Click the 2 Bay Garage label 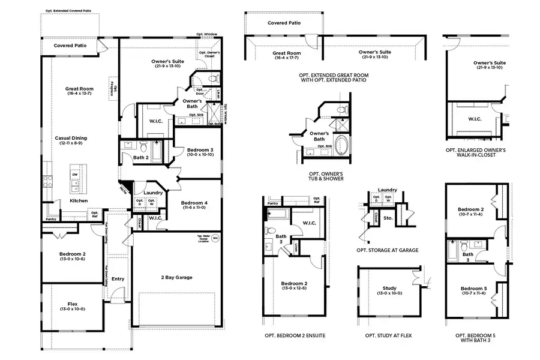pyautogui.click(x=176, y=277)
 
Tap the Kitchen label pyautogui.click(x=78, y=200)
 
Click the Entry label pyautogui.click(x=118, y=278)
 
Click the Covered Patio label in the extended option pyautogui.click(x=284, y=23)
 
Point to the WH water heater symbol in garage pyautogui.click(x=215, y=238)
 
